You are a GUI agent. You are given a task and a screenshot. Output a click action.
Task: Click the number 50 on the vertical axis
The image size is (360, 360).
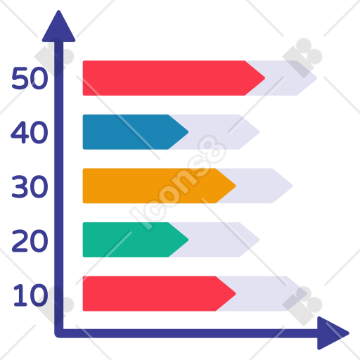[x=30, y=78]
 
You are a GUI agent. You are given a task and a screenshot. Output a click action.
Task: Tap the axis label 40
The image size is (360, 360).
[x=30, y=132]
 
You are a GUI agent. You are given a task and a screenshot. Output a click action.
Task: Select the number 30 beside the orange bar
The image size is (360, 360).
[x=30, y=186]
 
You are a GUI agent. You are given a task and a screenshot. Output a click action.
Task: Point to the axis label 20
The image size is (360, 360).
[x=30, y=240]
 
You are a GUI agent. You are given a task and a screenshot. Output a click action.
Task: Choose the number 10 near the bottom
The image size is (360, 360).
[x=31, y=295]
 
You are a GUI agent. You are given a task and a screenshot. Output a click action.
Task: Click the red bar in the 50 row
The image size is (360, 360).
[x=174, y=78]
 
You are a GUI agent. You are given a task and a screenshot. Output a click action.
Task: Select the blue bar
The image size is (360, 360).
[x=136, y=132]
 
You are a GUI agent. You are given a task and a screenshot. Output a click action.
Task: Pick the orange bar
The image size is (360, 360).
[x=159, y=186]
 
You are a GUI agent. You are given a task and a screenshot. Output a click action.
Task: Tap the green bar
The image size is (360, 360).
[x=136, y=240]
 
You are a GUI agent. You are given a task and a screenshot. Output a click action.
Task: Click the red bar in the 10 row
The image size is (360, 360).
[x=159, y=294]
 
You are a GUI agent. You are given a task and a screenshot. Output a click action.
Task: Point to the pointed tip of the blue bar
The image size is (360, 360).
[x=188, y=132]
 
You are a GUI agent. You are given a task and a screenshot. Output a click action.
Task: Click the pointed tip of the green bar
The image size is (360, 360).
[x=188, y=240]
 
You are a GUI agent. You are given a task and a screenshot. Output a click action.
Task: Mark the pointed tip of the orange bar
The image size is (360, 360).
[x=236, y=186]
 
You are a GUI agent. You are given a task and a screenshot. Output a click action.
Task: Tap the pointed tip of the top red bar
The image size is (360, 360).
[x=265, y=78]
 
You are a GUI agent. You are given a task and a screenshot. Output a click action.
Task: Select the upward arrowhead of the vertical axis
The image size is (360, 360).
[x=58, y=27]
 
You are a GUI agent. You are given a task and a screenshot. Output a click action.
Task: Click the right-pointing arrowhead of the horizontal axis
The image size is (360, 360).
[x=333, y=333]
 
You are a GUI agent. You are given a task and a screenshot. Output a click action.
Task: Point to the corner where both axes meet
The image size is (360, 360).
[x=58, y=333]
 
